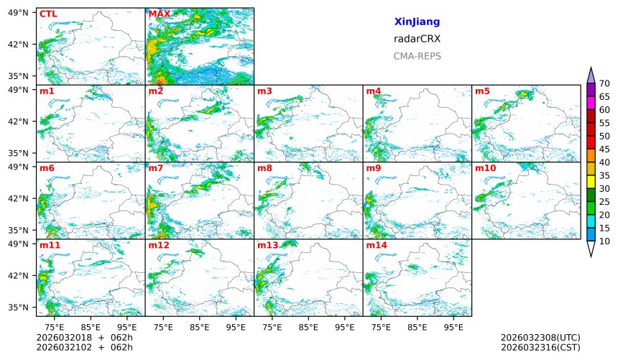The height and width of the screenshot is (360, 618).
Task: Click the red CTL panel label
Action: click(x=48, y=14)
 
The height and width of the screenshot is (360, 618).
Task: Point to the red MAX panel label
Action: click(x=160, y=14)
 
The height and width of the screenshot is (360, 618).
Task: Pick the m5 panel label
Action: click(x=482, y=91)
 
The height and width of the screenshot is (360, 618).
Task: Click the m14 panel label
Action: click(x=376, y=245)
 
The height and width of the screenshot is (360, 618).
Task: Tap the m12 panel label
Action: click(x=159, y=245)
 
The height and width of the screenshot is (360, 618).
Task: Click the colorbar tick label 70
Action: click(x=605, y=84)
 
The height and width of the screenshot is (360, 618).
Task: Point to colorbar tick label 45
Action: click(x=605, y=149)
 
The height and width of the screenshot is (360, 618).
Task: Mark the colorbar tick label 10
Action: click(x=605, y=241)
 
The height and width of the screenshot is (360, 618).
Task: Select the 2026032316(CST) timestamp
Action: click(x=540, y=347)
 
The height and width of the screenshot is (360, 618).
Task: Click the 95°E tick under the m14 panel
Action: click(x=453, y=327)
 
